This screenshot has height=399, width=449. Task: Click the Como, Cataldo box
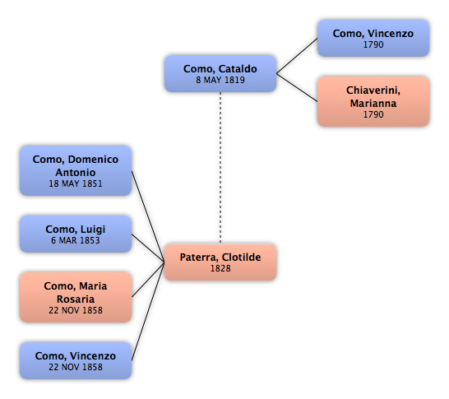[x=220, y=73]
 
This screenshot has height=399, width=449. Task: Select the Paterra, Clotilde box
[x=220, y=262]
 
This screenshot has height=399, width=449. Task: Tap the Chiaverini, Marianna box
[x=373, y=101]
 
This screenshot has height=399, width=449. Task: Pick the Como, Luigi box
[x=76, y=234]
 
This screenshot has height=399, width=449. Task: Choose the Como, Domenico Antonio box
[x=76, y=171]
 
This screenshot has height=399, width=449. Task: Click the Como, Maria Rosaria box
[x=76, y=297]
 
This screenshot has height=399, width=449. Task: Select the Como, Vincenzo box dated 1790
[x=373, y=38]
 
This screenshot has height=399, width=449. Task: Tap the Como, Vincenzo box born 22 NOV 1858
[x=76, y=360]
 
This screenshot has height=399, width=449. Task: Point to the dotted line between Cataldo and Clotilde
[x=220, y=168]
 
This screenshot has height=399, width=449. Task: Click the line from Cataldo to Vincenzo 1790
[x=297, y=56]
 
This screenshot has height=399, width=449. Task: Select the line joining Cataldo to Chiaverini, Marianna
[x=297, y=88]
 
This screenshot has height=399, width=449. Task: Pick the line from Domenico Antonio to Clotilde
[x=148, y=216]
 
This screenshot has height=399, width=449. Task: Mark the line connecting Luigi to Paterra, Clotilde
[x=148, y=248]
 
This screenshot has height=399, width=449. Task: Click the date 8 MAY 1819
[x=220, y=80]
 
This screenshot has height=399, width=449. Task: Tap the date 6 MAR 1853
[x=76, y=240]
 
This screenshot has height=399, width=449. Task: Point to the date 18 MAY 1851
[x=76, y=183]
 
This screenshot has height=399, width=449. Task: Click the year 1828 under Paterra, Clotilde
[x=220, y=268]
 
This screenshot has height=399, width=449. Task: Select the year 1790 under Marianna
[x=373, y=114]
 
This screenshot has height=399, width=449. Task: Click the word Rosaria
[x=76, y=299]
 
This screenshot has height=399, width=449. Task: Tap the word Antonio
[x=76, y=173]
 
